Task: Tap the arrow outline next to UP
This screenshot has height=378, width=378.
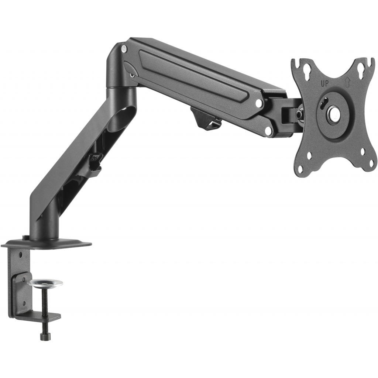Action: pyautogui.click(x=347, y=83)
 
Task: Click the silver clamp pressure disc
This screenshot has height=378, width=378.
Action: pyautogui.click(x=45, y=283)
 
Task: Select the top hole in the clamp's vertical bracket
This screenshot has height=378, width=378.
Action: pyautogui.click(x=20, y=254)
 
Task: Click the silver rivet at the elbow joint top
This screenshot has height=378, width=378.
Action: pyautogui.click(x=124, y=48)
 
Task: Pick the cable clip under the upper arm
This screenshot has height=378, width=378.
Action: pyautogui.click(x=207, y=120)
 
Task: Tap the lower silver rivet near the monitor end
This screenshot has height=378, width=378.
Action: pyautogui.click(x=269, y=130)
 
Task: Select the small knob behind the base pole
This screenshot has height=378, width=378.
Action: pyautogui.click(x=25, y=237)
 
